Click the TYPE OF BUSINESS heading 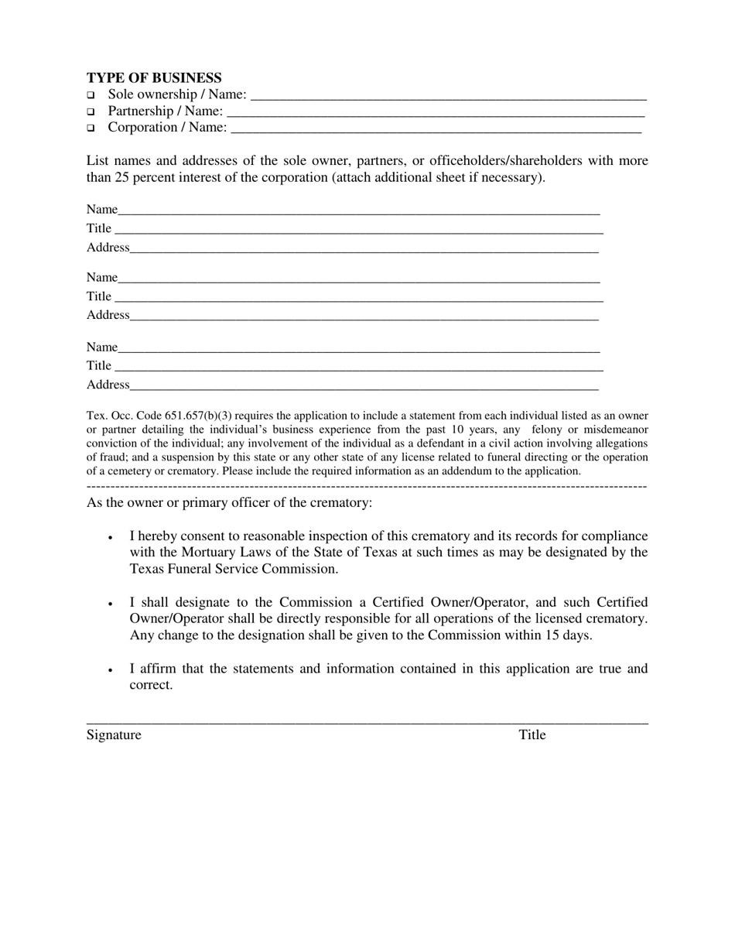(154, 78)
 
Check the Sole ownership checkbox (91, 95)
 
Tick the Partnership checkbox (91, 111)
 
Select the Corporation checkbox (91, 128)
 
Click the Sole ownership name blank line (449, 98)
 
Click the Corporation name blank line (436, 131)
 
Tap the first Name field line (359, 212)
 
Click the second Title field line (357, 299)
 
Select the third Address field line (364, 387)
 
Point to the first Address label (108, 248)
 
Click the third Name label (101, 347)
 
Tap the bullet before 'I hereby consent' (111, 537)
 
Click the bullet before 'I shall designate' (111, 603)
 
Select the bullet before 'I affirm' (111, 669)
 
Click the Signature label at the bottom (114, 735)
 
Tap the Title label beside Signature (532, 735)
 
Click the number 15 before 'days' (564, 635)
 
